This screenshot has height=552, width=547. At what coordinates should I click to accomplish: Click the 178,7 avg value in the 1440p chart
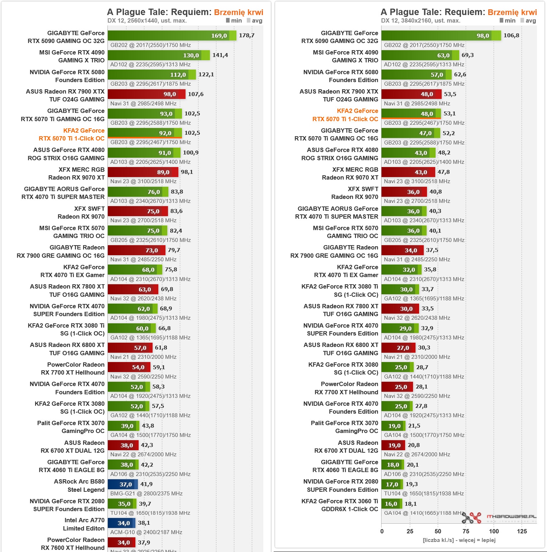click(x=246, y=35)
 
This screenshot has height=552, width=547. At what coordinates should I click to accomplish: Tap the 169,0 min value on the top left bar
click(x=219, y=36)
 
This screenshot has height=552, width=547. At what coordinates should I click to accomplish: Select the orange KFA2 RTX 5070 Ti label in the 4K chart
click(x=345, y=115)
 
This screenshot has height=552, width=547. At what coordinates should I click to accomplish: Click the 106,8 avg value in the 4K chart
click(x=511, y=35)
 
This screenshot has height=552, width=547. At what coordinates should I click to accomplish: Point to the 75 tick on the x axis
click(x=466, y=531)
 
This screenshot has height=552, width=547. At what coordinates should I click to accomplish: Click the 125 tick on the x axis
click(x=522, y=531)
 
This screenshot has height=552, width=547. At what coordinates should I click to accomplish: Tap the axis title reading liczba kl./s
click(x=459, y=540)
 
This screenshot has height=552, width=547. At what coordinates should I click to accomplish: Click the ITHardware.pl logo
click(x=499, y=517)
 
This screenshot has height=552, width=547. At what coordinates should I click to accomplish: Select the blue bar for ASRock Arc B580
click(x=123, y=484)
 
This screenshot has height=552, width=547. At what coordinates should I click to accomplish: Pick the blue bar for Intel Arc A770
click(x=121, y=523)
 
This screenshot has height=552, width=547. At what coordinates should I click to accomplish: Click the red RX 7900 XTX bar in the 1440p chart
click(x=146, y=94)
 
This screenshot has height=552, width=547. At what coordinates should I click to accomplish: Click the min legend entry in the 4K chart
click(x=507, y=21)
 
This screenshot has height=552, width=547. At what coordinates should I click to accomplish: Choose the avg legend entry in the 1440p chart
click(x=254, y=21)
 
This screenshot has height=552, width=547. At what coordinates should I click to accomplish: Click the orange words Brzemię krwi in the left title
click(x=239, y=12)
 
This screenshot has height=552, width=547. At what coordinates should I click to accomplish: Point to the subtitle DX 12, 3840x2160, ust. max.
click(x=421, y=21)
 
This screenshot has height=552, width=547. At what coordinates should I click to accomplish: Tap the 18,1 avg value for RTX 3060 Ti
click(x=411, y=504)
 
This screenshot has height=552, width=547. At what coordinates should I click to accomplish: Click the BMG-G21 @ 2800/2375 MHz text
click(x=146, y=494)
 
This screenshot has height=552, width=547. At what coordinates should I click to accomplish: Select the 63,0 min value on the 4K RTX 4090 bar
click(x=443, y=56)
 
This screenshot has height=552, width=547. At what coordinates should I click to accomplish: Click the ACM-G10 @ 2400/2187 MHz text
click(x=146, y=532)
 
